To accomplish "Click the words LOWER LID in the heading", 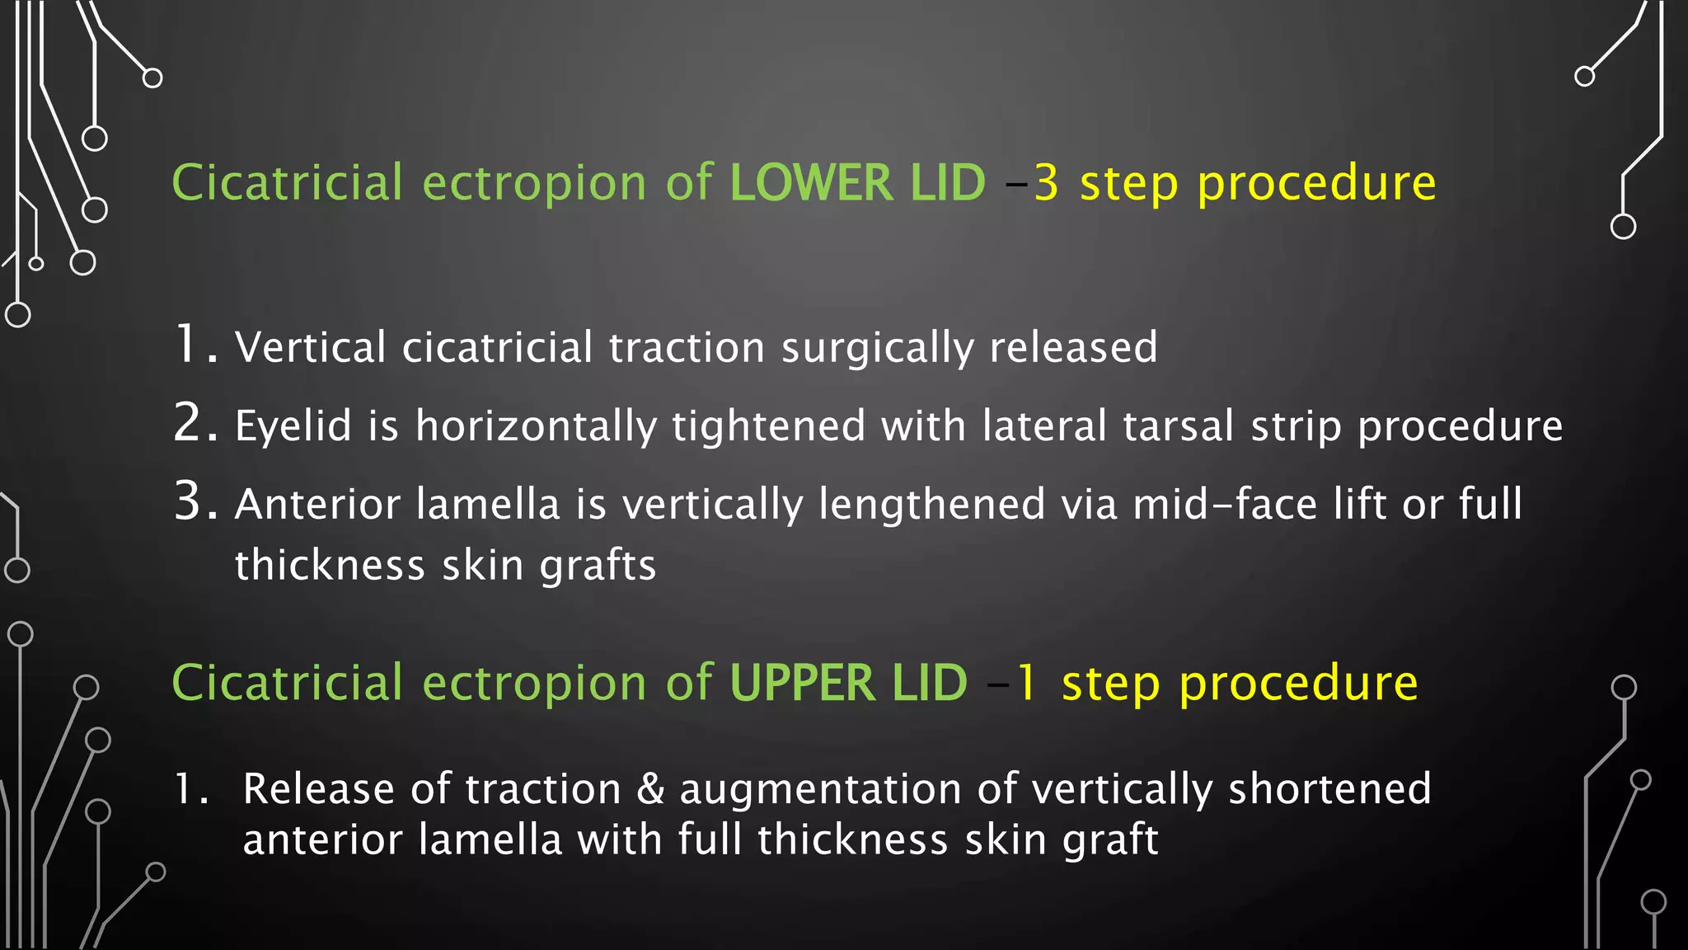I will (857, 183).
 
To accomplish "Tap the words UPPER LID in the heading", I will (848, 684).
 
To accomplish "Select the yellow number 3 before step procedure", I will (1046, 183).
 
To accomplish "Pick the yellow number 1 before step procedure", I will (1026, 684).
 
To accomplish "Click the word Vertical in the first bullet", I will (311, 347).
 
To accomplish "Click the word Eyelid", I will (293, 426).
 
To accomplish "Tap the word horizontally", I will (536, 426).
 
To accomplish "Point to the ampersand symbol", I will (651, 789).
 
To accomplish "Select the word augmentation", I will (820, 789).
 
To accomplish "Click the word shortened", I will (1329, 789).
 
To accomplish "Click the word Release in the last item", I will (319, 789).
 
